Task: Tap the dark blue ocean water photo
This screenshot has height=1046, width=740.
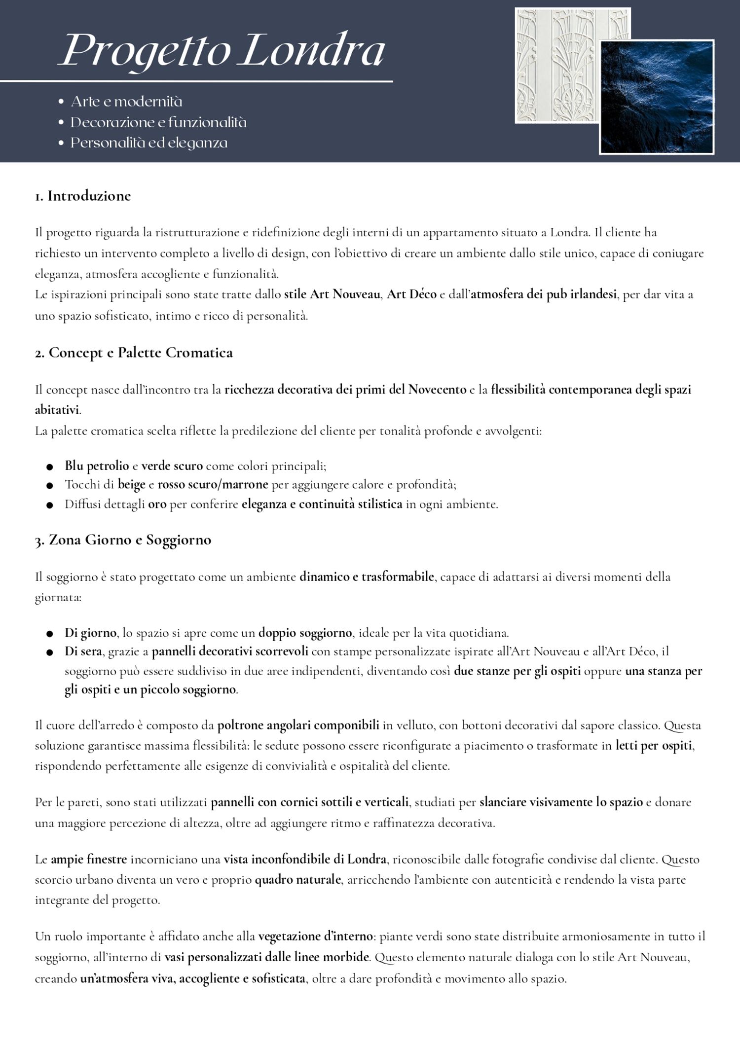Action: coord(657,97)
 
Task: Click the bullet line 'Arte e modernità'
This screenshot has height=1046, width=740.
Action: coord(126,102)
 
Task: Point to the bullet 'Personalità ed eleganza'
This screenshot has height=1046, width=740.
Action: coord(148,143)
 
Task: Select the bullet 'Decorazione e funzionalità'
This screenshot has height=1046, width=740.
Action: coord(158,122)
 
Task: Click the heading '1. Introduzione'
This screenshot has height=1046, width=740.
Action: coord(83,196)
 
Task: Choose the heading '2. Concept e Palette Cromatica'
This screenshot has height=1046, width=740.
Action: coord(134,353)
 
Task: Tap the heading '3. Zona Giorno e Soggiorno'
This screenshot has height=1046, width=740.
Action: coord(123,540)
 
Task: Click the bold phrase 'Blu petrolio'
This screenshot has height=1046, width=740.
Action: coord(97,466)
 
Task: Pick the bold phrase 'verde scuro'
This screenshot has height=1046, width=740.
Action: coord(172,466)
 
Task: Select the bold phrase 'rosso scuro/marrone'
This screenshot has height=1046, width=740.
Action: coord(213,484)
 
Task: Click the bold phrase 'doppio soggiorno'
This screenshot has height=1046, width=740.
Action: coord(305,632)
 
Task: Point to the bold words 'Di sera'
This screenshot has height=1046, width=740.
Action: coord(83,651)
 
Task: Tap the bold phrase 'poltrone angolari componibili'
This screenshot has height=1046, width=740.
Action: coord(298,725)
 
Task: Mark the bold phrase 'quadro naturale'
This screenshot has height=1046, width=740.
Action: coord(297,879)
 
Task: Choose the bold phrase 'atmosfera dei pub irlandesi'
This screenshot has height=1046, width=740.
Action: coord(543,294)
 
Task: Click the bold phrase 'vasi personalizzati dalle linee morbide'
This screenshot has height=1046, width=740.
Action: coord(266,957)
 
